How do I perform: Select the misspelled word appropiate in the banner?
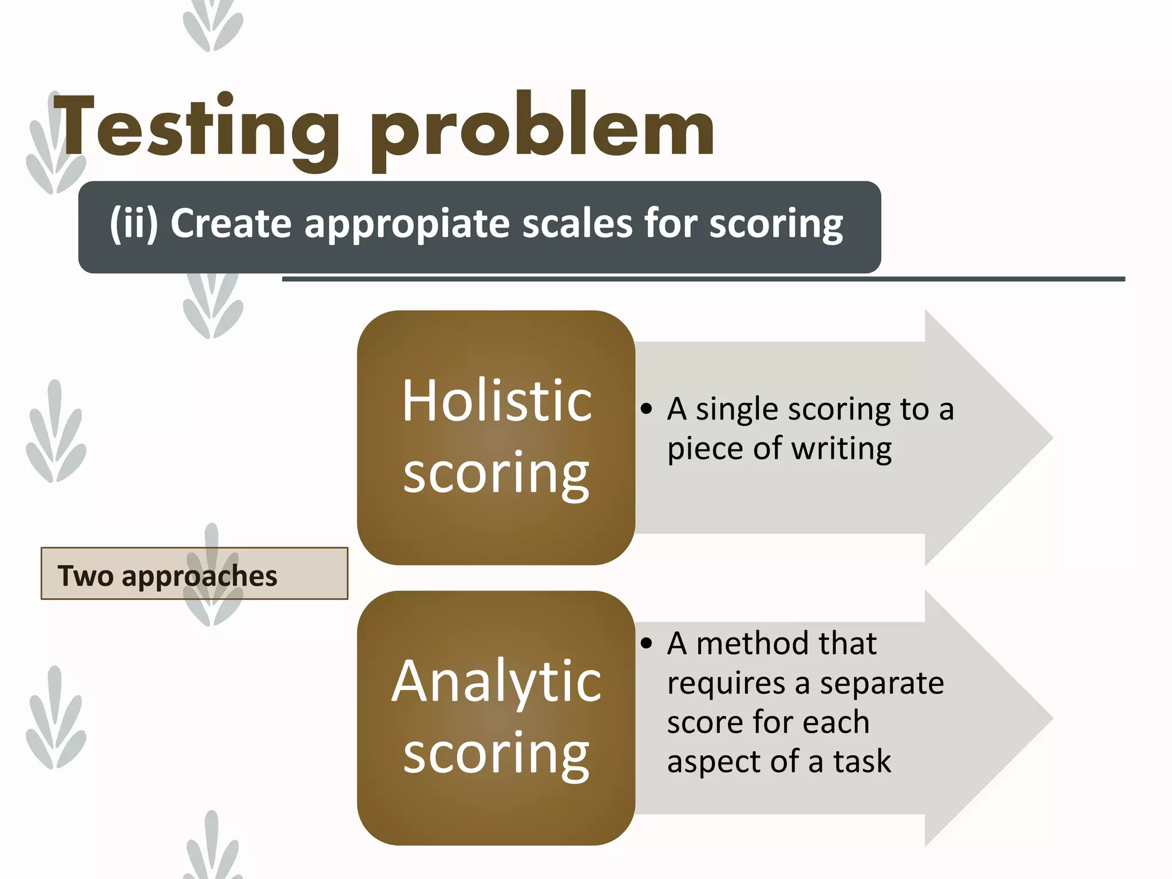(x=407, y=224)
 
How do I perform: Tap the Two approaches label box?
(x=194, y=573)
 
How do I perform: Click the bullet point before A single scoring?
(x=647, y=409)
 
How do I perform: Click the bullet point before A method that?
(x=647, y=644)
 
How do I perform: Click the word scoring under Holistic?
(x=497, y=473)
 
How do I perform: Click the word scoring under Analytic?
(x=497, y=754)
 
